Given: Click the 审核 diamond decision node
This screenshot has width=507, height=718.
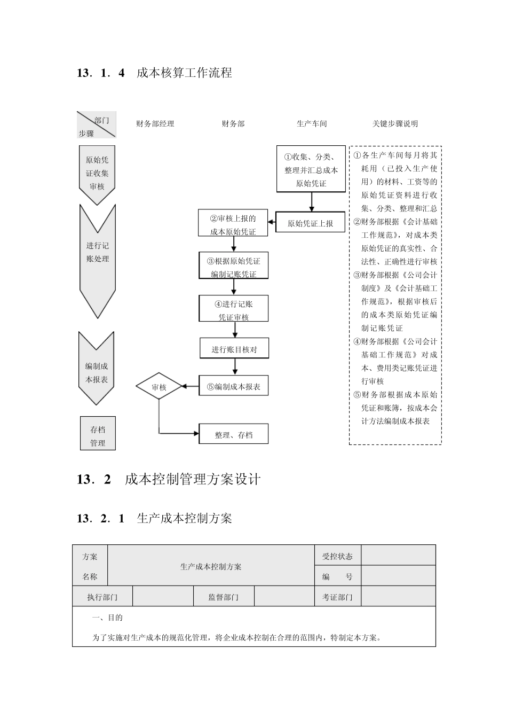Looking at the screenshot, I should click(x=159, y=387).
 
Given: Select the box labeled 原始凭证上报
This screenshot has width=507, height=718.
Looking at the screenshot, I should click(x=310, y=223).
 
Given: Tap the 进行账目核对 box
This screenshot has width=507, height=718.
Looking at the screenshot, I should click(x=234, y=349).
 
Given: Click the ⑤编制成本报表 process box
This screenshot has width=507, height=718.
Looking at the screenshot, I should click(x=234, y=386).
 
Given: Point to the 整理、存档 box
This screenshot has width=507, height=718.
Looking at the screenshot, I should click(x=234, y=434).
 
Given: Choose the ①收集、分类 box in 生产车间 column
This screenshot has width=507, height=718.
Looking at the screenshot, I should click(x=311, y=169).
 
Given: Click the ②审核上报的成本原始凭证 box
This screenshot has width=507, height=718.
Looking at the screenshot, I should click(x=233, y=224).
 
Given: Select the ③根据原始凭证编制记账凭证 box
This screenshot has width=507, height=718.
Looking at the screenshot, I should click(x=234, y=267).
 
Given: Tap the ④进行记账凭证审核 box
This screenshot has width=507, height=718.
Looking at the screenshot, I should click(x=234, y=310).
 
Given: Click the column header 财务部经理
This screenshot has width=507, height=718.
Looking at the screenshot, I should click(x=155, y=123).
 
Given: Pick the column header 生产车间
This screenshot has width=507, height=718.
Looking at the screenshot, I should click(x=312, y=123).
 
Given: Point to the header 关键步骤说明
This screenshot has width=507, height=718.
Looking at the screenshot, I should click(x=395, y=123).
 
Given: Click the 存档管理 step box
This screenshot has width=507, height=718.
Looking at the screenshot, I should click(x=98, y=435).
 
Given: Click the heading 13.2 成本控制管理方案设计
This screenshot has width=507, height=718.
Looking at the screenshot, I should click(x=169, y=479).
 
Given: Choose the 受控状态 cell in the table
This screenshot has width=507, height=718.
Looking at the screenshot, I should click(x=337, y=556).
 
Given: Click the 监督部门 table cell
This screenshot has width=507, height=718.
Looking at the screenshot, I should click(x=223, y=597).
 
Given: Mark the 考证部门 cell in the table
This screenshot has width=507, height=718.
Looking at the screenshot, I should click(x=337, y=597).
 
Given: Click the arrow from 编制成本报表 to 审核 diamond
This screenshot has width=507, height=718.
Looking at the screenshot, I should click(x=191, y=387).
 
